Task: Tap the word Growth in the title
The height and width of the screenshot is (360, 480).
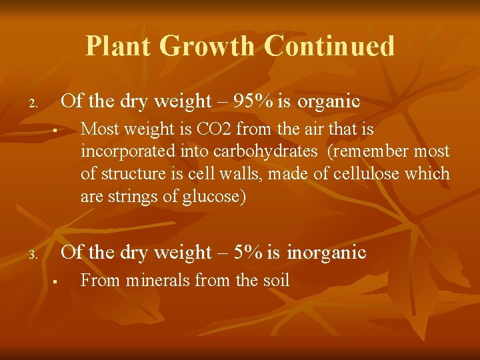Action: point(208,46)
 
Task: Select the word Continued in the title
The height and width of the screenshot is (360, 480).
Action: point(329,46)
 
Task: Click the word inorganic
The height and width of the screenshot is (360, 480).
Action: point(326,252)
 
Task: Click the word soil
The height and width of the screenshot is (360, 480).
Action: point(275,280)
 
